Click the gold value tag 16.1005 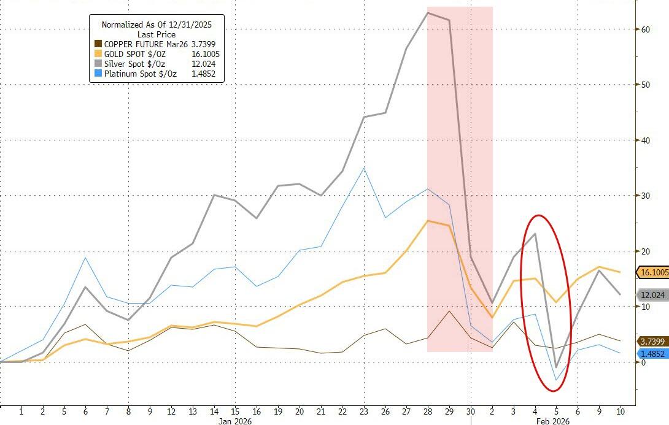pos(652,272)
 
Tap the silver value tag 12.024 pos(652,295)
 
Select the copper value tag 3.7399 pos(652,341)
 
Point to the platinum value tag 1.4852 pos(652,354)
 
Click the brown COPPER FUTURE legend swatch pos(98,44)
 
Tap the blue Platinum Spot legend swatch pos(98,74)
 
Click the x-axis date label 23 pos(364,410)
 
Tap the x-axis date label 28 pos(427,410)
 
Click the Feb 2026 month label pos(552,421)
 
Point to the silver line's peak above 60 pos(428,12)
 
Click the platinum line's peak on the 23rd pos(365,167)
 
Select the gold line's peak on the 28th pos(428,221)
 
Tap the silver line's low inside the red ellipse pos(556,367)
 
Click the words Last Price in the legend pos(156,34)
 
